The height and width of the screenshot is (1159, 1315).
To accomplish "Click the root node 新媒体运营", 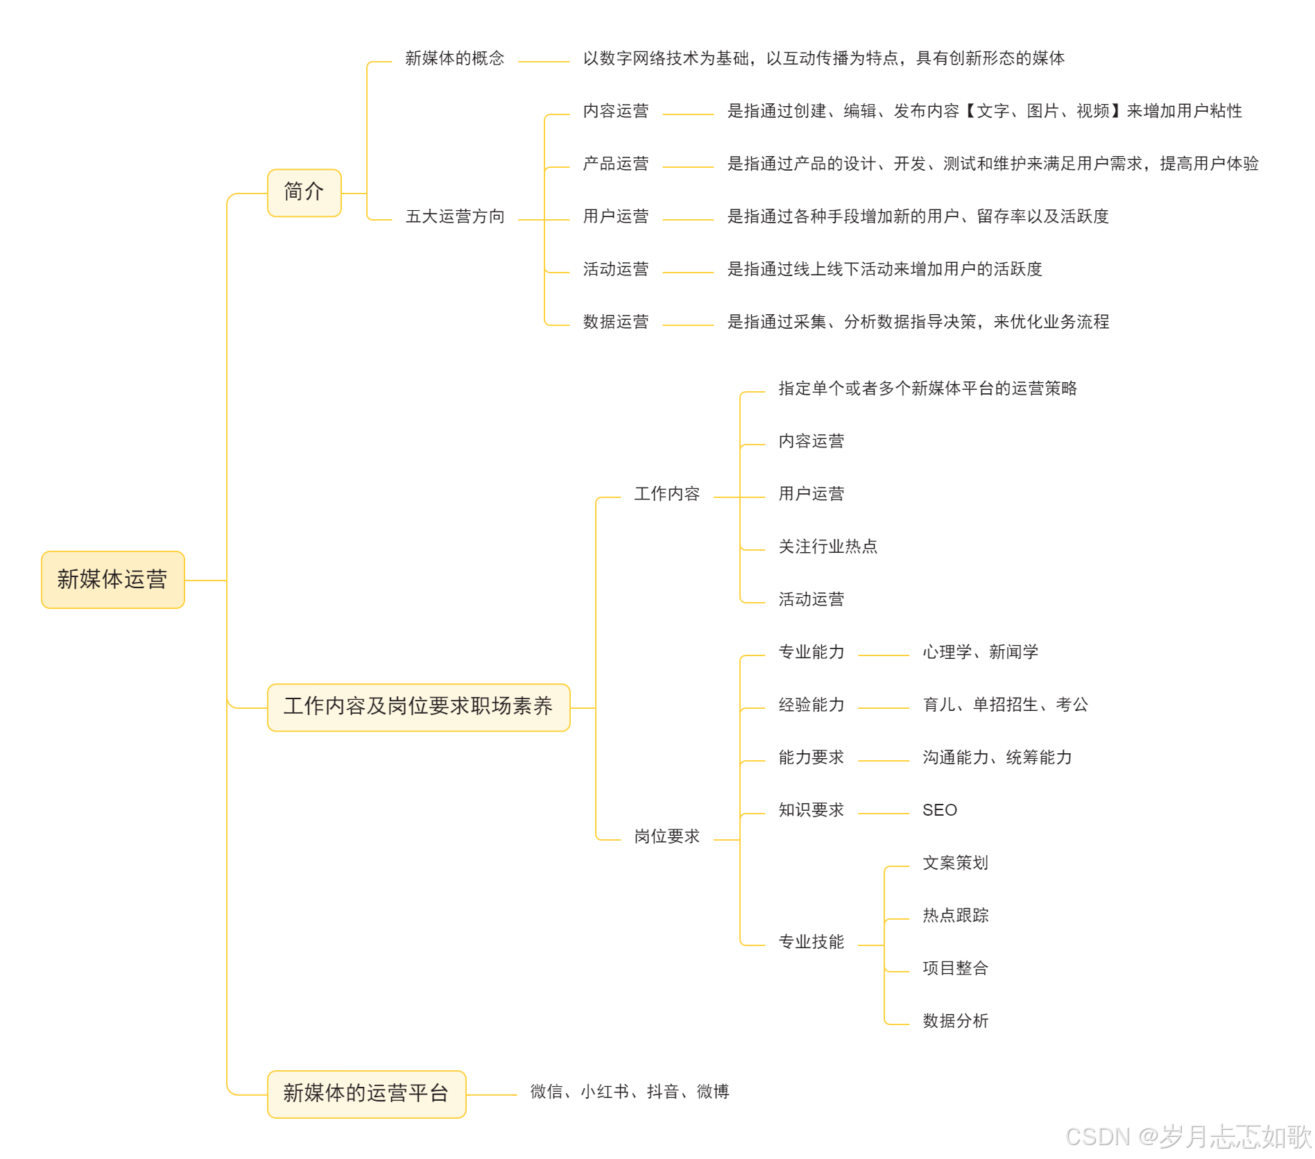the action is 113,579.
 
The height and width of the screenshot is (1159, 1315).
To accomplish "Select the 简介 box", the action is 304,192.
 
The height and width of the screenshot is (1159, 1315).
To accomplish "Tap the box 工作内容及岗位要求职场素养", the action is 418,707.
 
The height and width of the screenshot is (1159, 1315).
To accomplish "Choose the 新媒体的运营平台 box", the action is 366,1094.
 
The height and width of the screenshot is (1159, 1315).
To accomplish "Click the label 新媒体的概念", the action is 454,58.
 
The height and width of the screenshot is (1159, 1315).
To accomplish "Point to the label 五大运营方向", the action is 454,216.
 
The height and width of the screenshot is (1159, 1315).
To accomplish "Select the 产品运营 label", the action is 615,164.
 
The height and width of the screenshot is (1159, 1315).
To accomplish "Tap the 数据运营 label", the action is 615,322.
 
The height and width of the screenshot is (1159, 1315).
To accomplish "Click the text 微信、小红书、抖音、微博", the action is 629,1092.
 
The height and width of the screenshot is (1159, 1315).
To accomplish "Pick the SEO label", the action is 939,810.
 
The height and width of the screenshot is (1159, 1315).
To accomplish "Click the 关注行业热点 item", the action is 827,547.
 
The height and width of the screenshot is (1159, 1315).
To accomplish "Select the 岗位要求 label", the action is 667,836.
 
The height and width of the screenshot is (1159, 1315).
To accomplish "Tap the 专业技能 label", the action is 811,942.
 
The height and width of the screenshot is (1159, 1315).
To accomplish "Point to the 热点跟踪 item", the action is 955,916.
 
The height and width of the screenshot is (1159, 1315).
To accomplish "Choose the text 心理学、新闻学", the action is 980,652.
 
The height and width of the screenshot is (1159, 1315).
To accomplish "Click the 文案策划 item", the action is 955,863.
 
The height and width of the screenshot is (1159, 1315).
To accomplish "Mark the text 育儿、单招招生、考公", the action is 1005,705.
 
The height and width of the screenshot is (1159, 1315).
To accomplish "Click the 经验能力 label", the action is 811,705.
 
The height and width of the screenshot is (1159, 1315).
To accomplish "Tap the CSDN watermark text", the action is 1187,1136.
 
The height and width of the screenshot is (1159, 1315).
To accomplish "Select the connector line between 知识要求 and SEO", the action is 883,814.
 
